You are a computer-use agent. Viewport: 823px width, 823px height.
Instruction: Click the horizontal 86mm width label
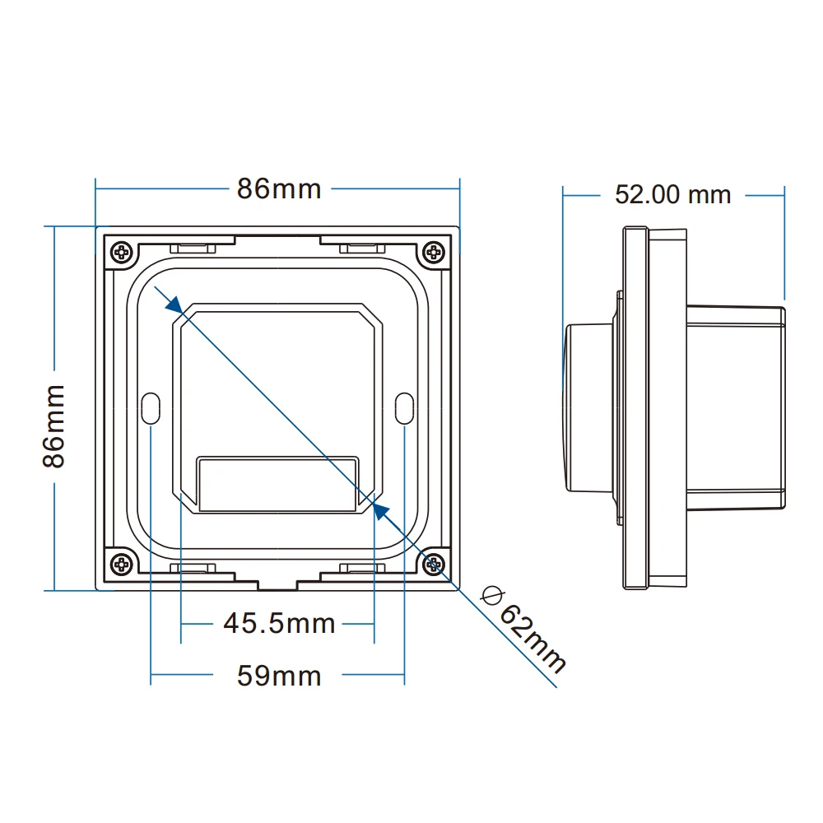279,188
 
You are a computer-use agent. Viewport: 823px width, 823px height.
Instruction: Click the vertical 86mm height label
54,425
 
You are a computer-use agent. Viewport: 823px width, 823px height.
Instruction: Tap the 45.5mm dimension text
279,623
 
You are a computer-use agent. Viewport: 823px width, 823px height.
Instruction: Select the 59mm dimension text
279,677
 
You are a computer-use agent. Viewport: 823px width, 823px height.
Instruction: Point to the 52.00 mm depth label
672,194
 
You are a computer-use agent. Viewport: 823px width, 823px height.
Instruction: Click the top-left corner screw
122,252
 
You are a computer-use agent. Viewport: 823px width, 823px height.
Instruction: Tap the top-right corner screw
433,252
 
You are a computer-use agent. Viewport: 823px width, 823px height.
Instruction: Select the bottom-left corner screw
122,564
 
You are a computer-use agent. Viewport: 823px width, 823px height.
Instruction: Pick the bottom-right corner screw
433,564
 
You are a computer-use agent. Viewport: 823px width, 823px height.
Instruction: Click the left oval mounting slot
151,408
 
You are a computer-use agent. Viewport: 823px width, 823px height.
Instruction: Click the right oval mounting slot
404,408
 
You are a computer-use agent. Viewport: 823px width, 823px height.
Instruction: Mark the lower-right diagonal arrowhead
380,511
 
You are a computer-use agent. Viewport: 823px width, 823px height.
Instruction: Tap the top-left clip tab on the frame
193,246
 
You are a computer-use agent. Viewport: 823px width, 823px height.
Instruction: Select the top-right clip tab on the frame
362,246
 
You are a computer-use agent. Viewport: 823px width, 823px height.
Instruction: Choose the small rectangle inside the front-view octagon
279,484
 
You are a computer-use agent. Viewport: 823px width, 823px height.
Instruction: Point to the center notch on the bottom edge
277,585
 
